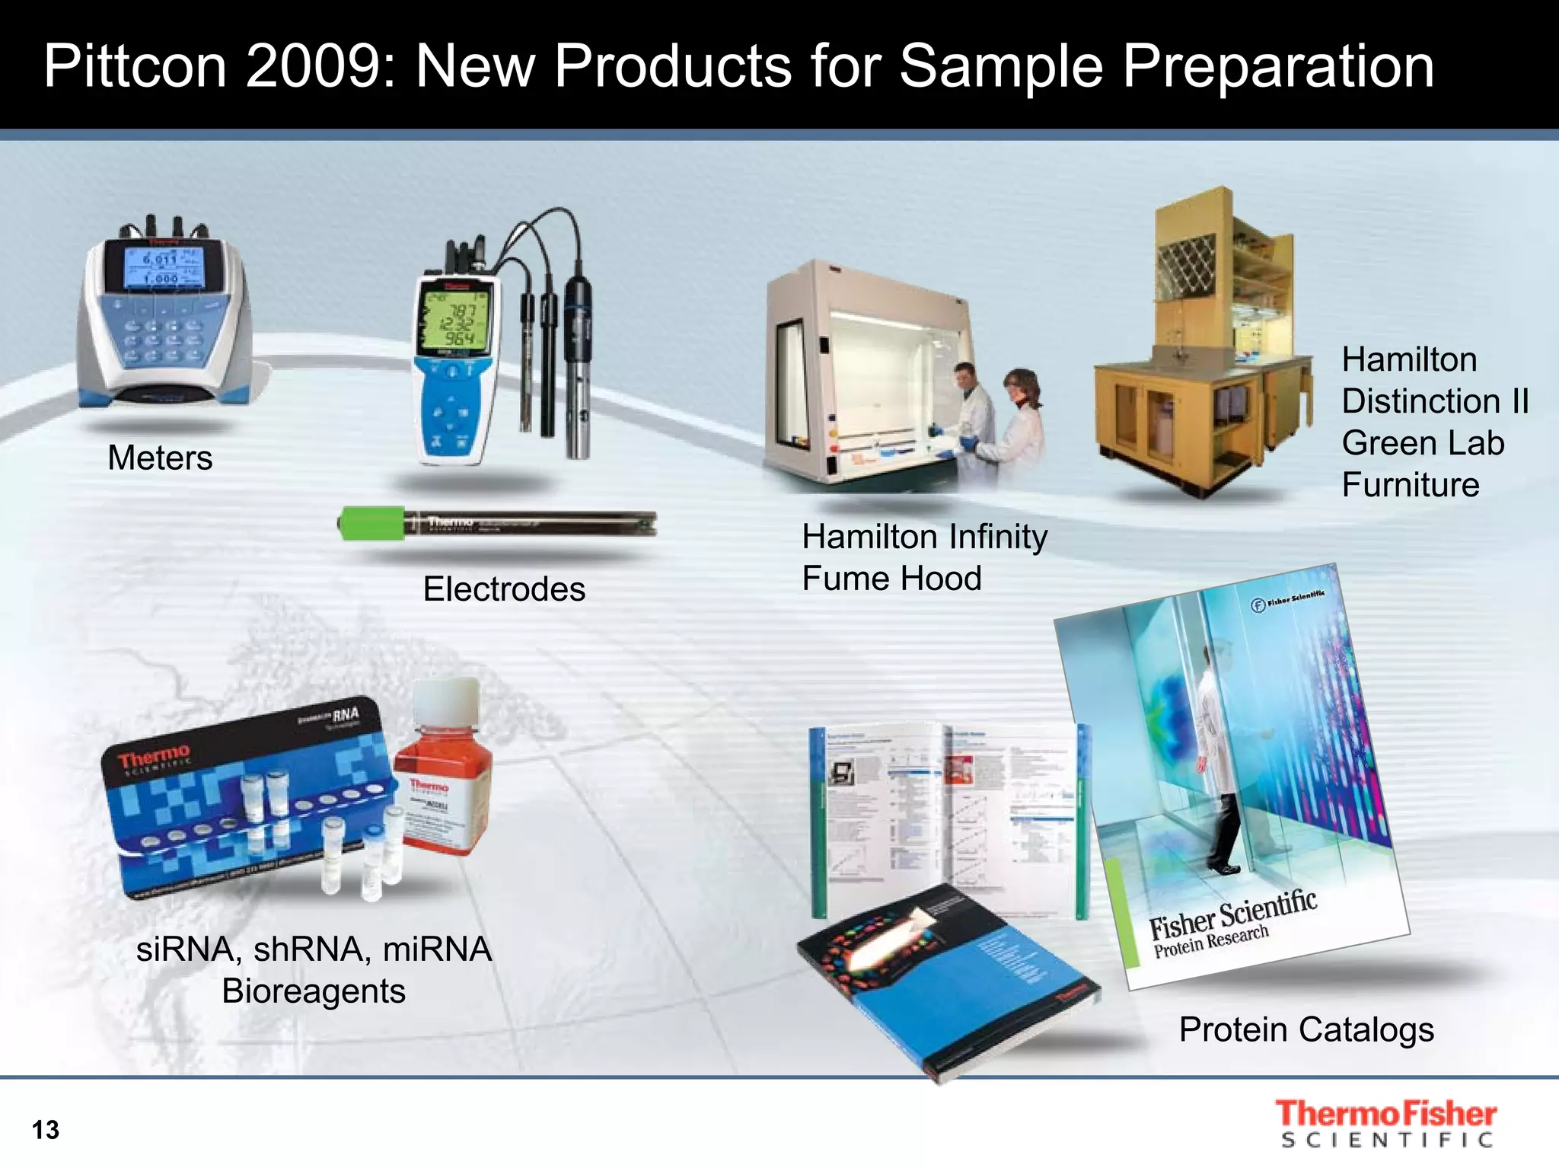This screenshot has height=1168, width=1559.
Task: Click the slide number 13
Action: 46,1130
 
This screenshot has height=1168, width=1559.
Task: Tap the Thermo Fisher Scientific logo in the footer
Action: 1386,1124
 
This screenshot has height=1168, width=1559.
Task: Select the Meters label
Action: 160,458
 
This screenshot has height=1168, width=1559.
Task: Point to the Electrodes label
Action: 504,589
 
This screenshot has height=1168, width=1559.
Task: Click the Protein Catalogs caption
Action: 1306,1030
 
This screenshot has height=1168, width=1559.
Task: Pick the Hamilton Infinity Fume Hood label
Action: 924,557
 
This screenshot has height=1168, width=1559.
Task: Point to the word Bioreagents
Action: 314,991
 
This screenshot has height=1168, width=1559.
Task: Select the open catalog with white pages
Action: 948,815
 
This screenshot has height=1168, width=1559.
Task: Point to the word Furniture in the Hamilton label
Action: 1411,485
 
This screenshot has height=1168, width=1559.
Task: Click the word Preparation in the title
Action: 1278,66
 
